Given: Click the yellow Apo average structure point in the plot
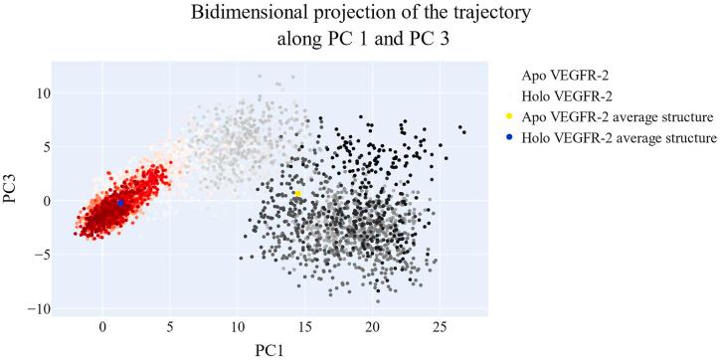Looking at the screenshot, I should pyautogui.click(x=297, y=194).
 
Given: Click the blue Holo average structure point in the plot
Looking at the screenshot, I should pyautogui.click(x=120, y=203).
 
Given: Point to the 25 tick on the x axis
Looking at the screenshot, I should pyautogui.click(x=439, y=326).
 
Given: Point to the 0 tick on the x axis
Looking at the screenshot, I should pyautogui.click(x=102, y=326).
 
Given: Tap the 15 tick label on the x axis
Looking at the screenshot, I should pyautogui.click(x=304, y=326).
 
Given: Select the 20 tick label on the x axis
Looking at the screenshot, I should pyautogui.click(x=371, y=326).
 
